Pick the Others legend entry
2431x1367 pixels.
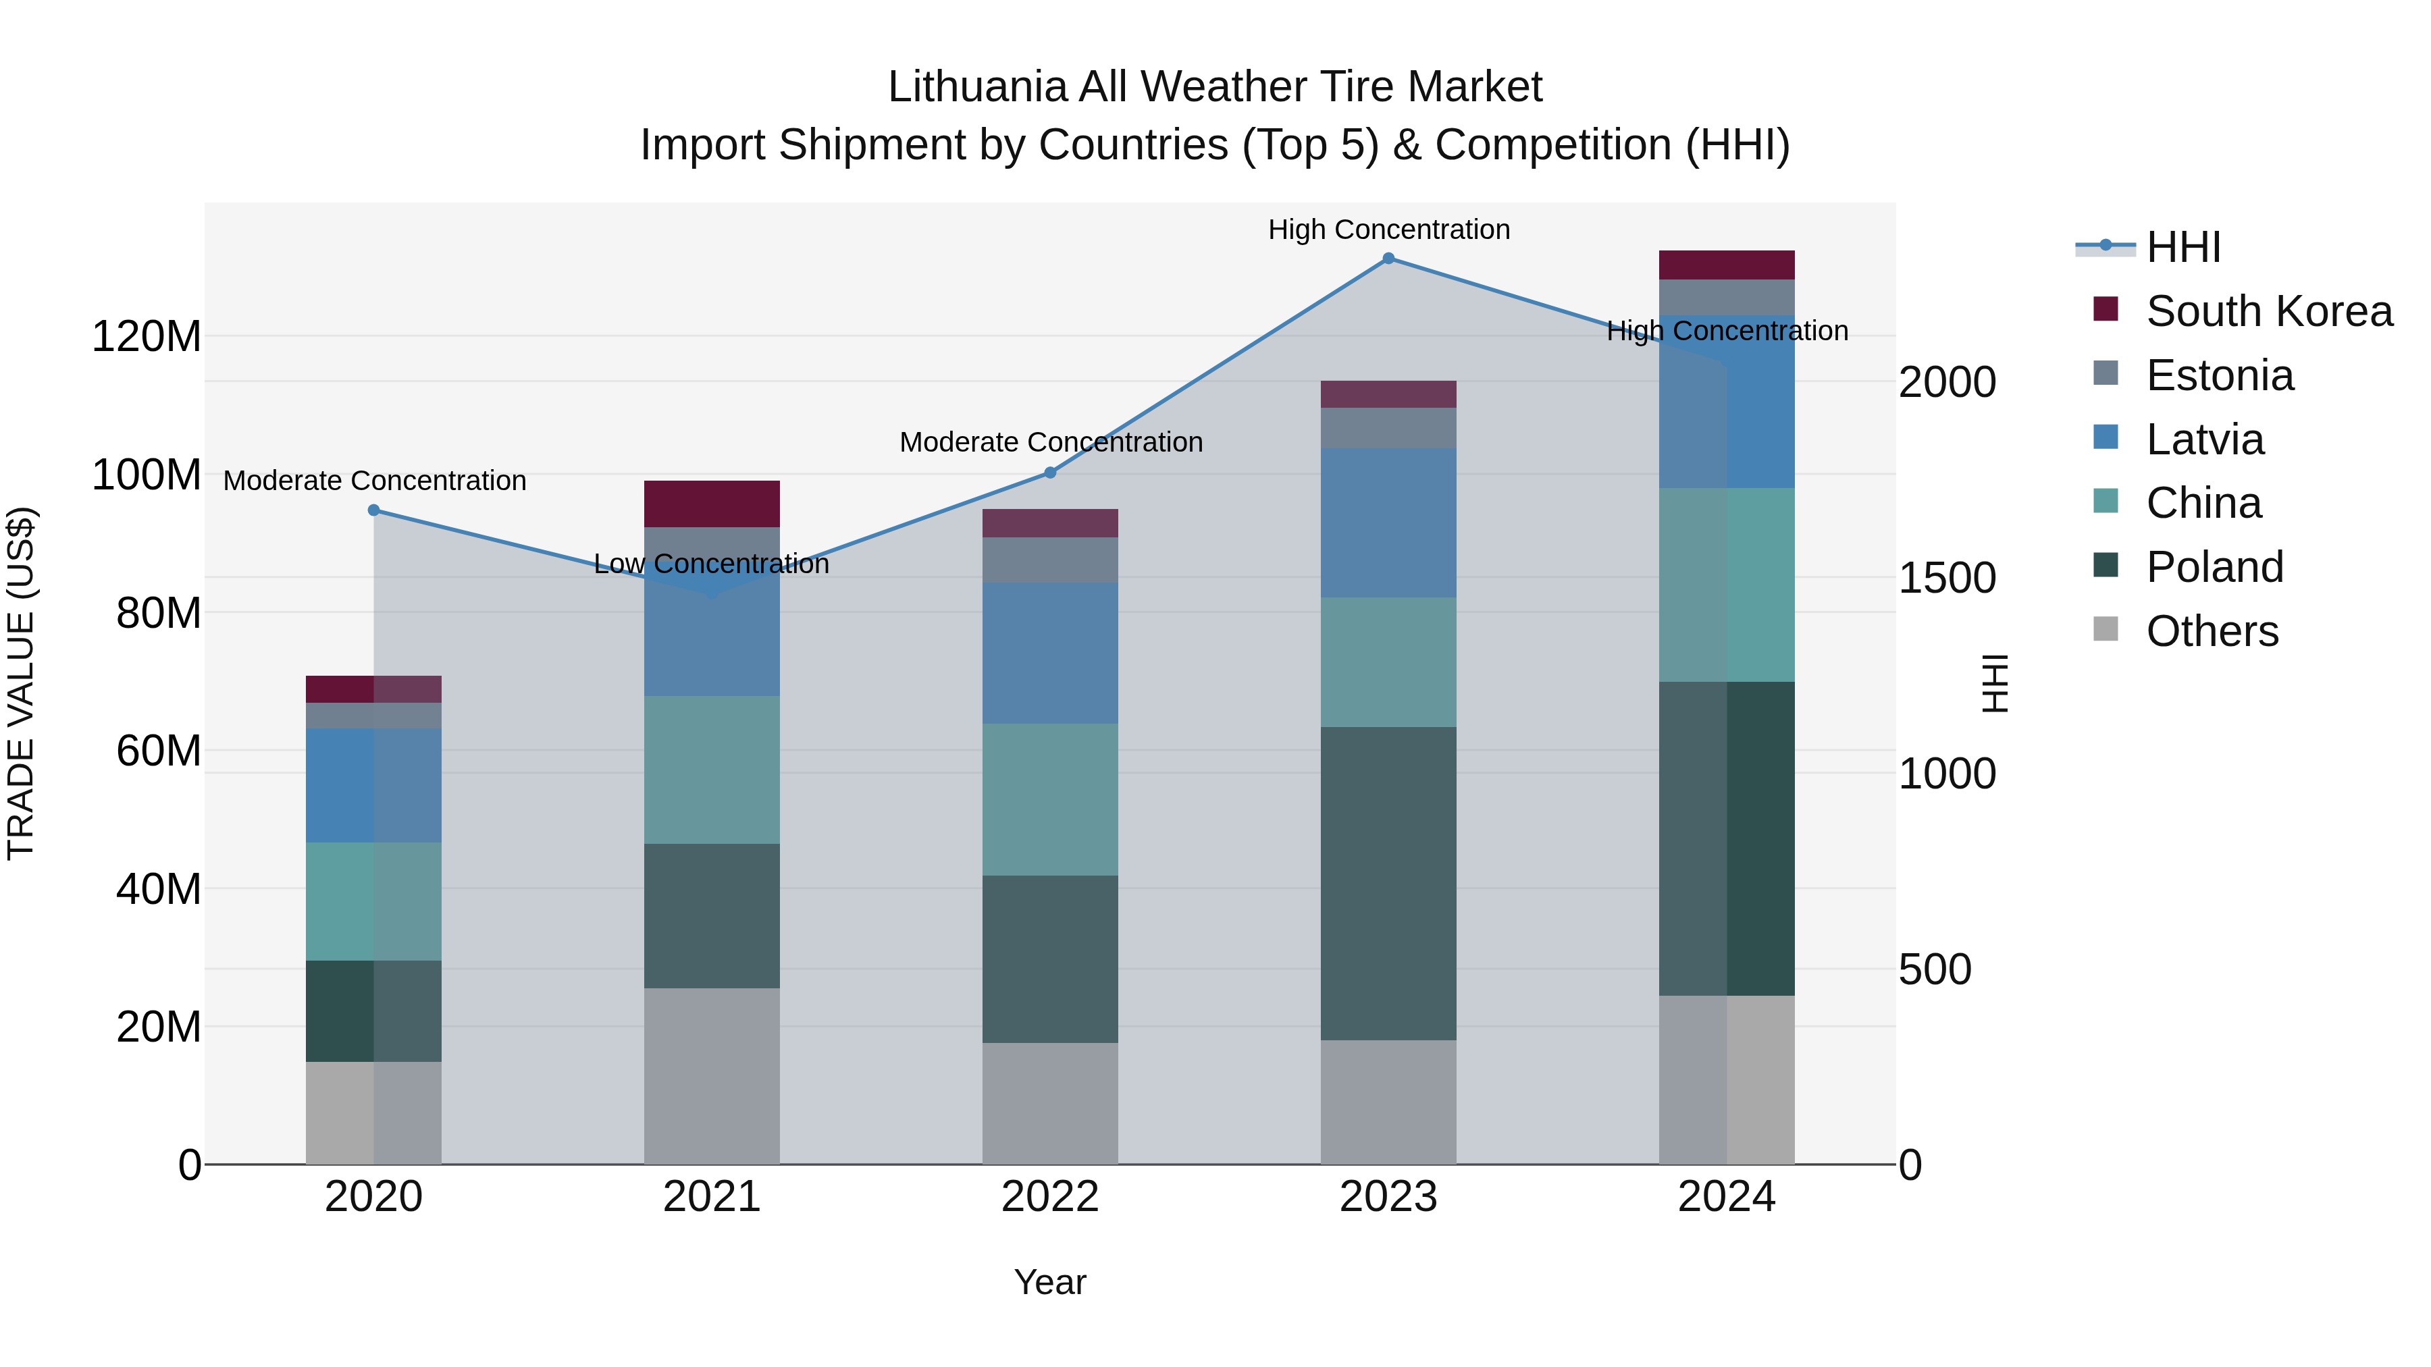pyautogui.click(x=2211, y=631)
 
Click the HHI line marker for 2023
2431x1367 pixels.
pyautogui.click(x=1388, y=259)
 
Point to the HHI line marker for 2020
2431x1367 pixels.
pyautogui.click(x=373, y=510)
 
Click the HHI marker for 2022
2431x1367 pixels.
pyautogui.click(x=1050, y=473)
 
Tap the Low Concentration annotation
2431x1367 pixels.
pyautogui.click(x=712, y=564)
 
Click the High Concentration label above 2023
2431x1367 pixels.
pyautogui.click(x=1388, y=230)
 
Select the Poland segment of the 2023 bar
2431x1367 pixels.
pyautogui.click(x=1388, y=883)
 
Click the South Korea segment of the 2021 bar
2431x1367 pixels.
pyautogui.click(x=712, y=504)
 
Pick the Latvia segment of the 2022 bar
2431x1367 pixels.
pyautogui.click(x=1050, y=653)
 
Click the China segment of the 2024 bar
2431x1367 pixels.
pyautogui.click(x=1727, y=585)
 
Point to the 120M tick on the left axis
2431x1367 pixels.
pyautogui.click(x=147, y=337)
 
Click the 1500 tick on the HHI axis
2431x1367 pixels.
pyautogui.click(x=1946, y=579)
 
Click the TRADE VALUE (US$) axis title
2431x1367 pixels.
pyautogui.click(x=21, y=683)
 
